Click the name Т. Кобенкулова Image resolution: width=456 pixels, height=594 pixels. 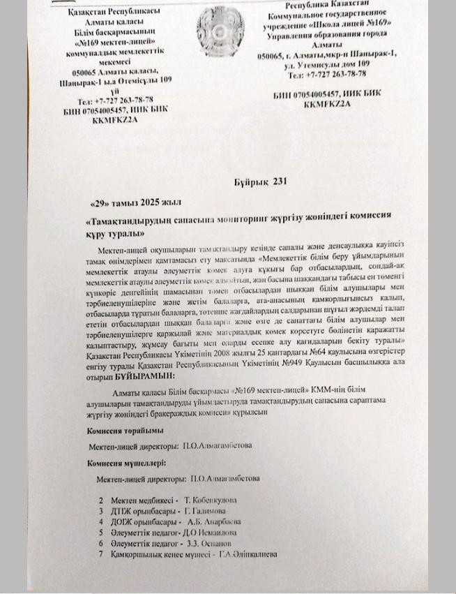(x=211, y=500)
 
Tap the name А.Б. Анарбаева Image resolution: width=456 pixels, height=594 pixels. (x=215, y=521)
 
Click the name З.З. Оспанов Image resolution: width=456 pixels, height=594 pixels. (x=208, y=543)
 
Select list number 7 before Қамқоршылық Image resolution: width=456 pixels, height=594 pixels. (x=101, y=554)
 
